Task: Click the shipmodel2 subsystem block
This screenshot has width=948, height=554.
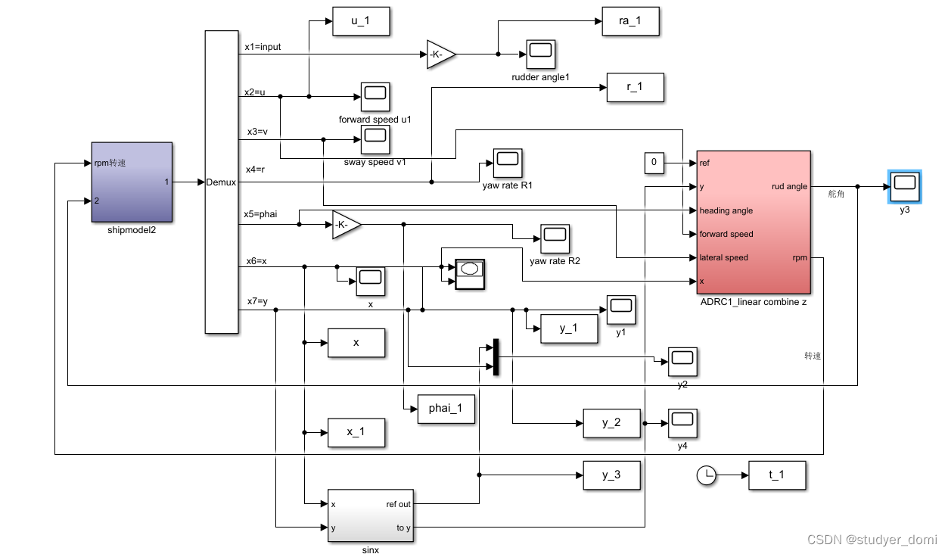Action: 132,182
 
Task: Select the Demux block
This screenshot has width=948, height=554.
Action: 222,182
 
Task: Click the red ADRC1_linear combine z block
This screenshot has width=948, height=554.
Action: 754,221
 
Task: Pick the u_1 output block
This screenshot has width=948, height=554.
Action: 361,22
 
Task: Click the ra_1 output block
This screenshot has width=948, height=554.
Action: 630,21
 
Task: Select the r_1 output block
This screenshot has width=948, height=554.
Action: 635,87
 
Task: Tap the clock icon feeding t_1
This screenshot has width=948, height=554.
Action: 706,475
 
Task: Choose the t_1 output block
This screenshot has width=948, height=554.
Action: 777,475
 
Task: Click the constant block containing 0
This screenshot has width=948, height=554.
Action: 654,163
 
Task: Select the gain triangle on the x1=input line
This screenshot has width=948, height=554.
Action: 440,54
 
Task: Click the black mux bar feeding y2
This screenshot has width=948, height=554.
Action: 496,357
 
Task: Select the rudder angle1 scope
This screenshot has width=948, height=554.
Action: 540,53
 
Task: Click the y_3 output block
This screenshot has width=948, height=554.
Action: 611,475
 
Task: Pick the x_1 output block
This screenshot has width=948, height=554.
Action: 356,432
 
